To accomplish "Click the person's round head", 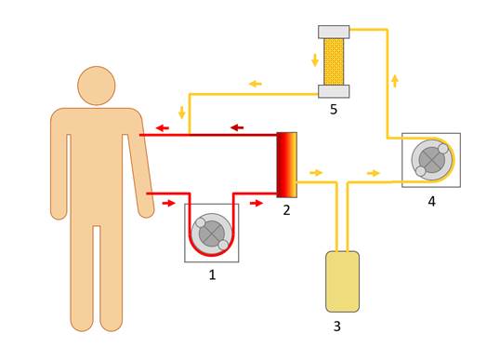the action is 97,86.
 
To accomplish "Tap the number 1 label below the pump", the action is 212,274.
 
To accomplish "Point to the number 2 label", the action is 286,210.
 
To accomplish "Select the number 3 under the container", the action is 337,327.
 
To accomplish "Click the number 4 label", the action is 431,202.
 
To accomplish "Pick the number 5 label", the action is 334,110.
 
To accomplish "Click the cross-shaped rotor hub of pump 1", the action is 211,234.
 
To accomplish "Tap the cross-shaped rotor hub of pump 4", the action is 432,160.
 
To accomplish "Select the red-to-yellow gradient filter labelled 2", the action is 286,165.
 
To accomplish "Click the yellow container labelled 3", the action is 342,282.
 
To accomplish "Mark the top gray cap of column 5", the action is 334,32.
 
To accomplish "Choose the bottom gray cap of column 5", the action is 334,91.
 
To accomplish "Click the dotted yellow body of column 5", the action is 334,61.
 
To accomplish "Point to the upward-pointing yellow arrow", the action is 395,81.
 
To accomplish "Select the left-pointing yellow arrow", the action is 256,84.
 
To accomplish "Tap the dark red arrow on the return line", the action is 237,127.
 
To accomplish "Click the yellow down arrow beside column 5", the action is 315,60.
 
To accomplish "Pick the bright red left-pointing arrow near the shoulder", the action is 163,127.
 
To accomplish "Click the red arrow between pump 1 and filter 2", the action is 257,204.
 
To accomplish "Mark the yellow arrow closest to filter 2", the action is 316,172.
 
